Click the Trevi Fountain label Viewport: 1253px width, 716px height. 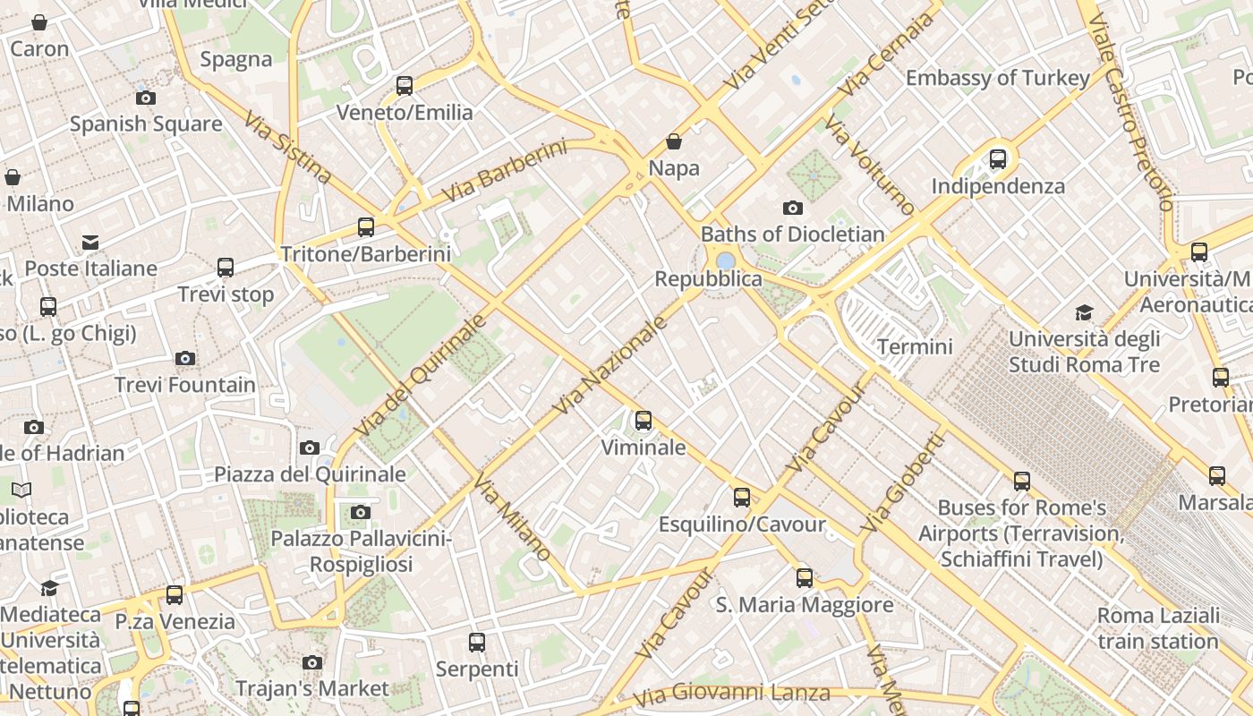(x=184, y=386)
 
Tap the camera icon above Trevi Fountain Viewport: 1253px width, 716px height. (x=185, y=359)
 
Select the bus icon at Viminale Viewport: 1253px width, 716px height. (x=643, y=421)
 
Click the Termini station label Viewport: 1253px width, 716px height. (x=915, y=346)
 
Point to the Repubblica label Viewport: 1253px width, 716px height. (x=708, y=279)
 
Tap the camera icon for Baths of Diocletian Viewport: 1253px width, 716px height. (x=792, y=209)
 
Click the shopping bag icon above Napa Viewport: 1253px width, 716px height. (x=674, y=142)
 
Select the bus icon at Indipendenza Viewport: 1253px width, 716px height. (x=998, y=160)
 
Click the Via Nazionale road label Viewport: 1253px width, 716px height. (x=611, y=365)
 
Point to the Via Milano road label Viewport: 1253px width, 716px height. (x=512, y=518)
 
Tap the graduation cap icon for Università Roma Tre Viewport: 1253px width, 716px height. (x=1084, y=313)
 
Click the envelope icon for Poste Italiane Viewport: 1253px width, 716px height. (x=90, y=243)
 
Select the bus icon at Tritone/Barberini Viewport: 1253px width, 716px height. (x=366, y=227)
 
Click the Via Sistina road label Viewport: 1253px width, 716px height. (x=287, y=148)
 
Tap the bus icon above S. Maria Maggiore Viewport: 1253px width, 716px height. (x=805, y=578)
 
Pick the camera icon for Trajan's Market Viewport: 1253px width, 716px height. (x=311, y=663)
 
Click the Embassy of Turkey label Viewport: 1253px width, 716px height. (x=997, y=78)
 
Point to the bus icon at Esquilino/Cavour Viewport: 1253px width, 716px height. (x=742, y=498)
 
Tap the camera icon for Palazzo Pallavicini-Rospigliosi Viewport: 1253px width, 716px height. (x=361, y=513)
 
